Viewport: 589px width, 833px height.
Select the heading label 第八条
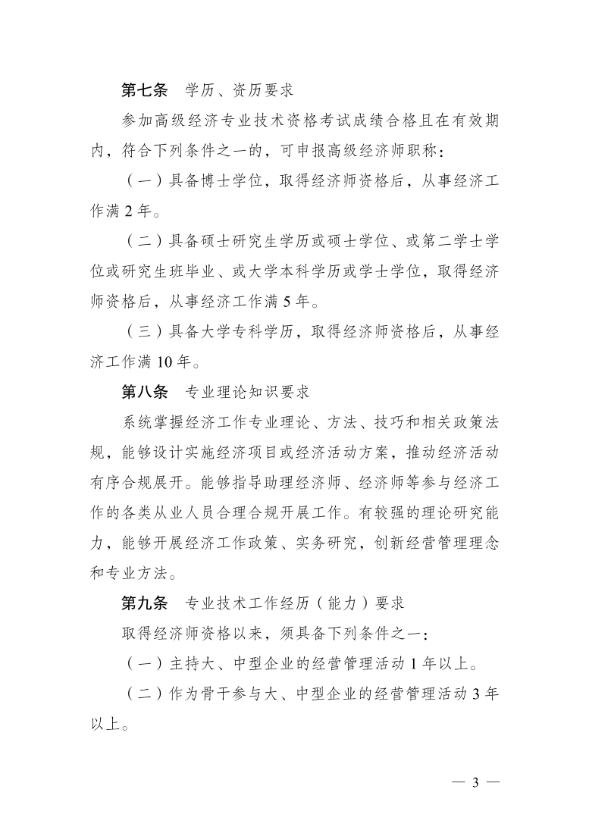point(144,393)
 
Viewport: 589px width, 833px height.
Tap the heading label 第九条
point(144,603)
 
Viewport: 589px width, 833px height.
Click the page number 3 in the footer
point(476,783)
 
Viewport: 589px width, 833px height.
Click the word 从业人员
point(220,513)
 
